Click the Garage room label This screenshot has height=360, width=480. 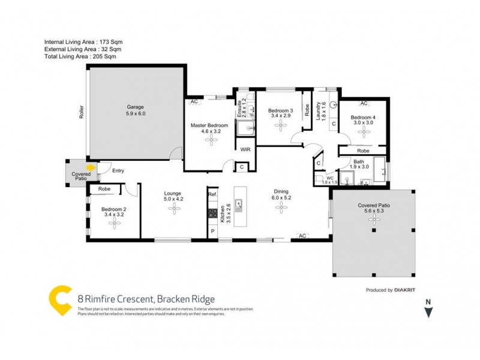click(135, 110)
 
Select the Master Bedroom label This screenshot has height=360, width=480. click(210, 129)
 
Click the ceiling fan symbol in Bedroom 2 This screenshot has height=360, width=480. click(115, 223)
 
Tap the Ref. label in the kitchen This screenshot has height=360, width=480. click(212, 195)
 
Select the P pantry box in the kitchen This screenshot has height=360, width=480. click(212, 231)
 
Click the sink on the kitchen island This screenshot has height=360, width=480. click(239, 206)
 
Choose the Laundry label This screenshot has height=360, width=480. click(320, 112)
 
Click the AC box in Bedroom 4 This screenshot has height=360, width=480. click(364, 104)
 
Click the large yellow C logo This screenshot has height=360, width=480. click(60, 299)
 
